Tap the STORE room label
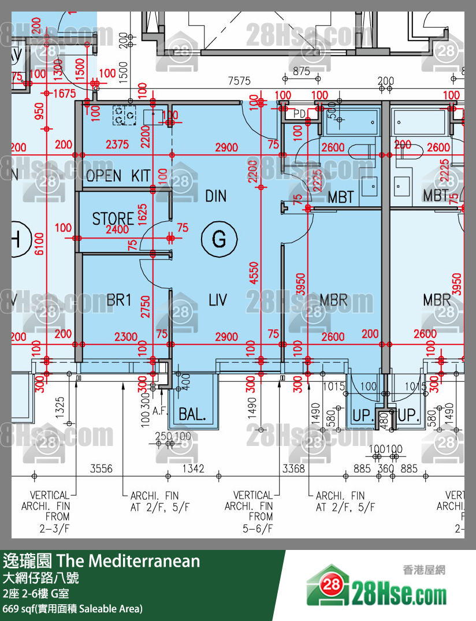(113, 218)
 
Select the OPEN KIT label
(118, 176)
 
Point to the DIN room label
(216, 196)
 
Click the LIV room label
(217, 300)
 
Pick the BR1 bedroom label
(120, 300)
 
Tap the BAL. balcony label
(192, 414)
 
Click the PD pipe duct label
(299, 114)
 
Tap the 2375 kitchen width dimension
(117, 146)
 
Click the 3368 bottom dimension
(293, 469)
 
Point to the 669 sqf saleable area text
(72, 608)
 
